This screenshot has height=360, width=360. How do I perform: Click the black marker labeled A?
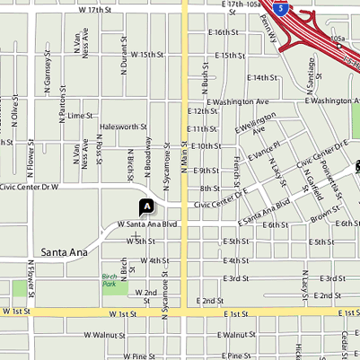pos(146,206)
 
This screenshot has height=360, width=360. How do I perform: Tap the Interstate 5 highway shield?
pos(282,9)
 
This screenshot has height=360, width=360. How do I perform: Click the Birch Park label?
pos(110,279)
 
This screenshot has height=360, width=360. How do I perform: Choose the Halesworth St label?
pos(123,127)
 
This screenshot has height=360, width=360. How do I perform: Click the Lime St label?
pos(80,116)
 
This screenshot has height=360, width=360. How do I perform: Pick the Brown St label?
pos(321,217)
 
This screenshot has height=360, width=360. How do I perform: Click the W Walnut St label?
pos(104,334)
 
